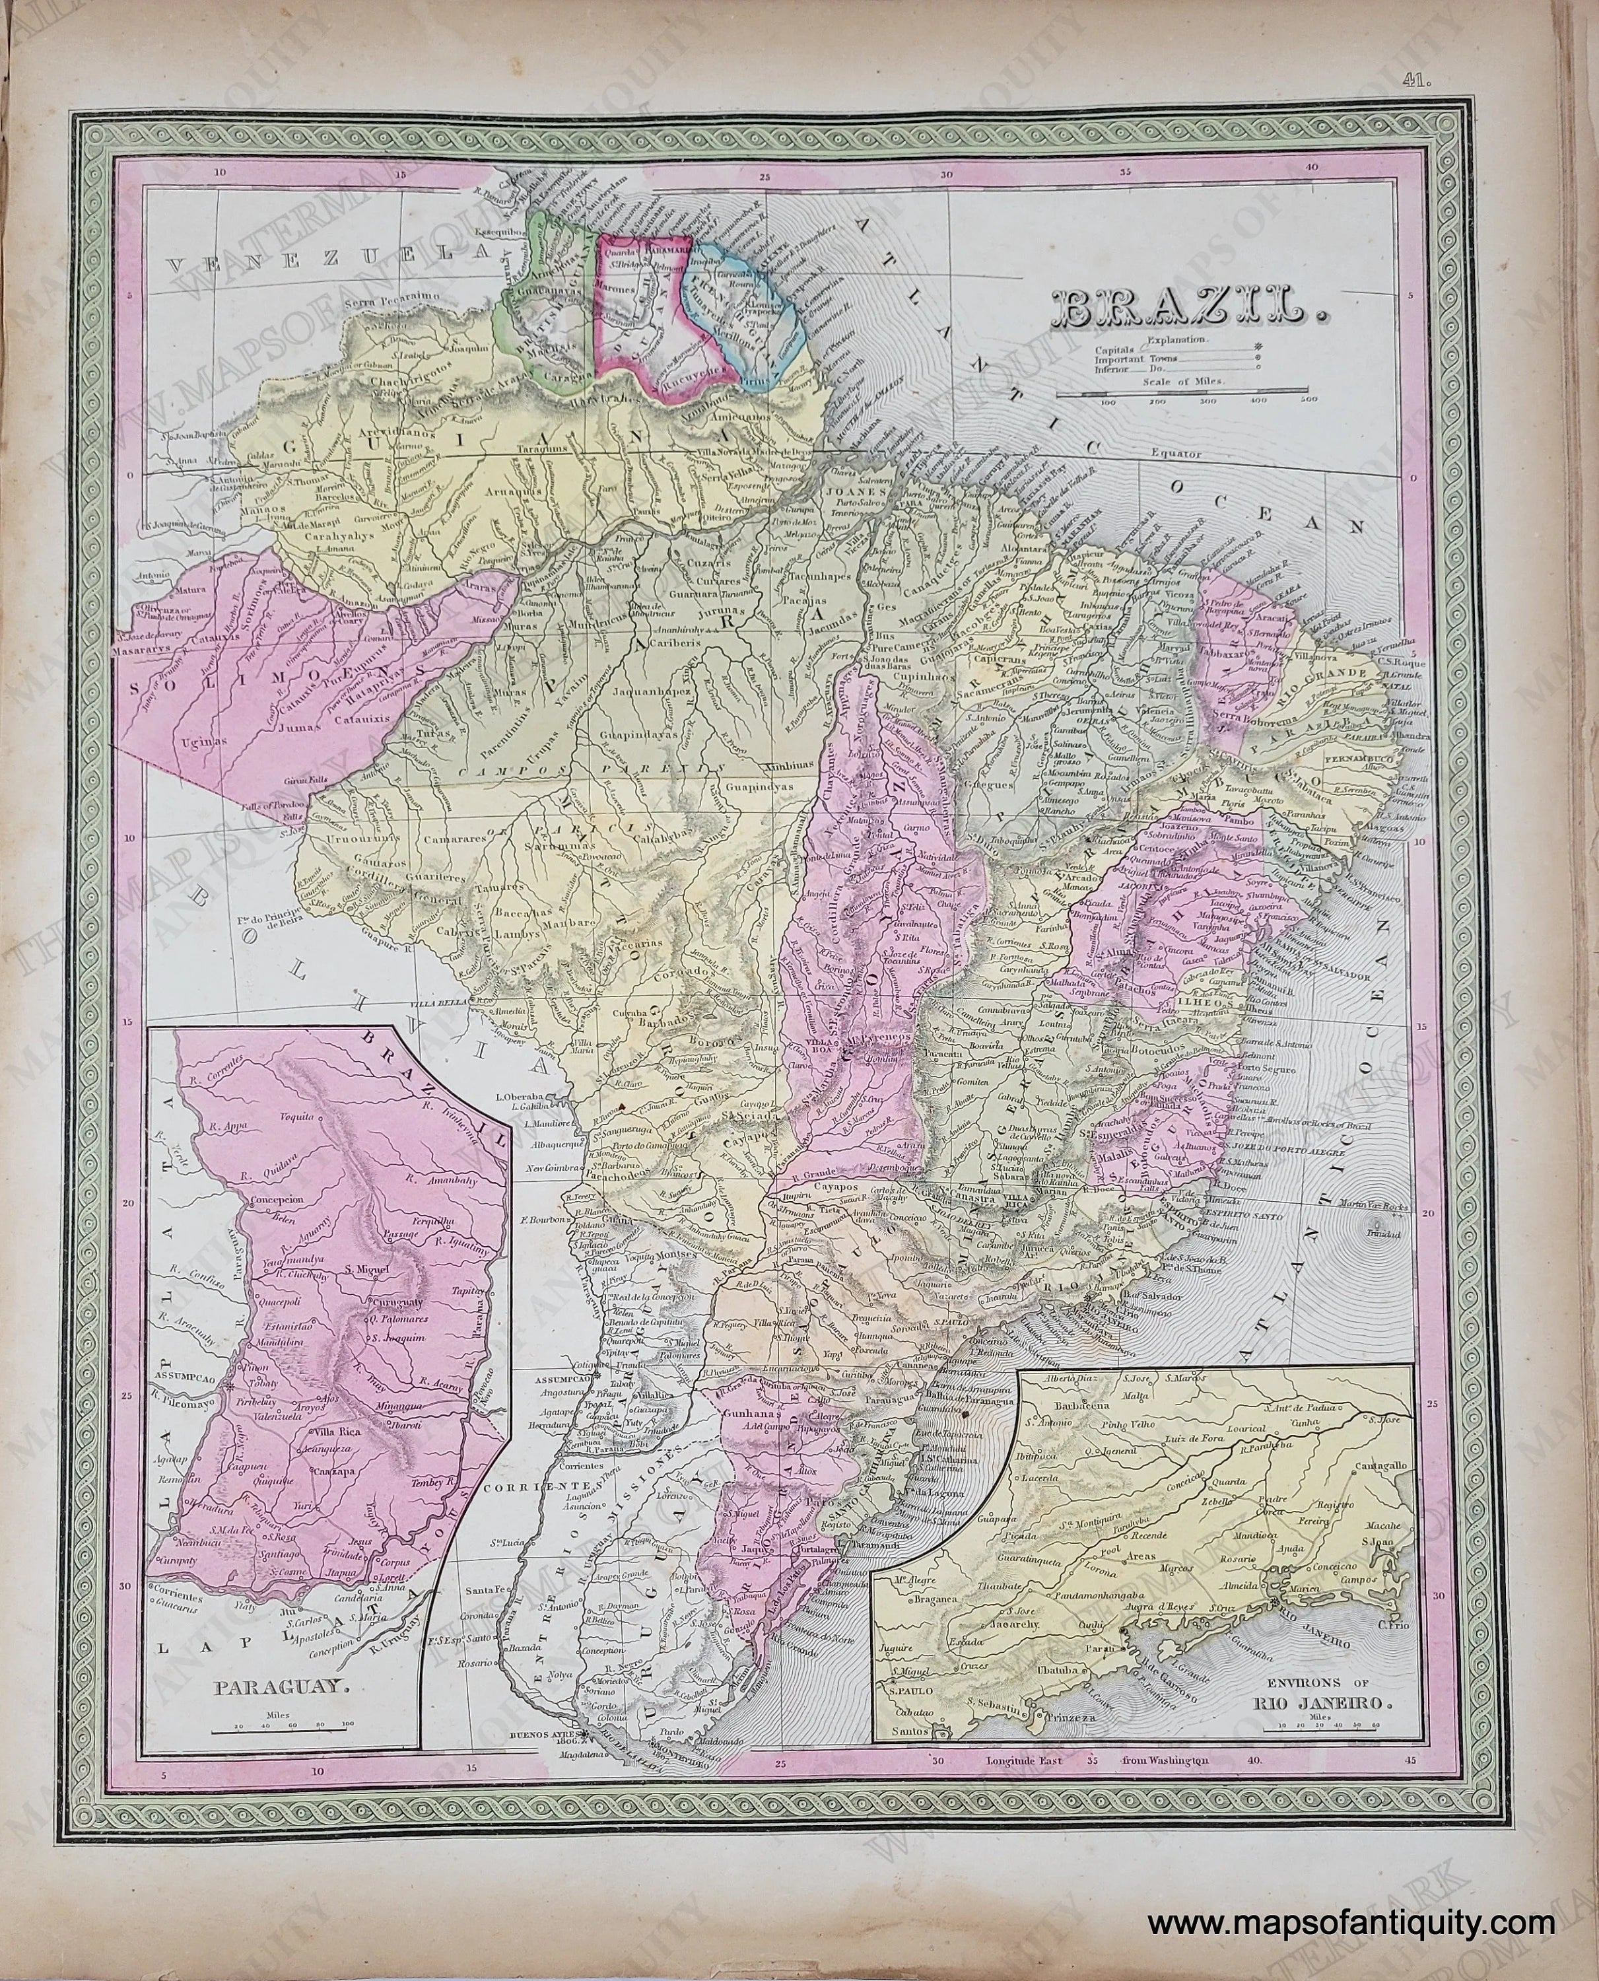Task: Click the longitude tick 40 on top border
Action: tap(1312, 166)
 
